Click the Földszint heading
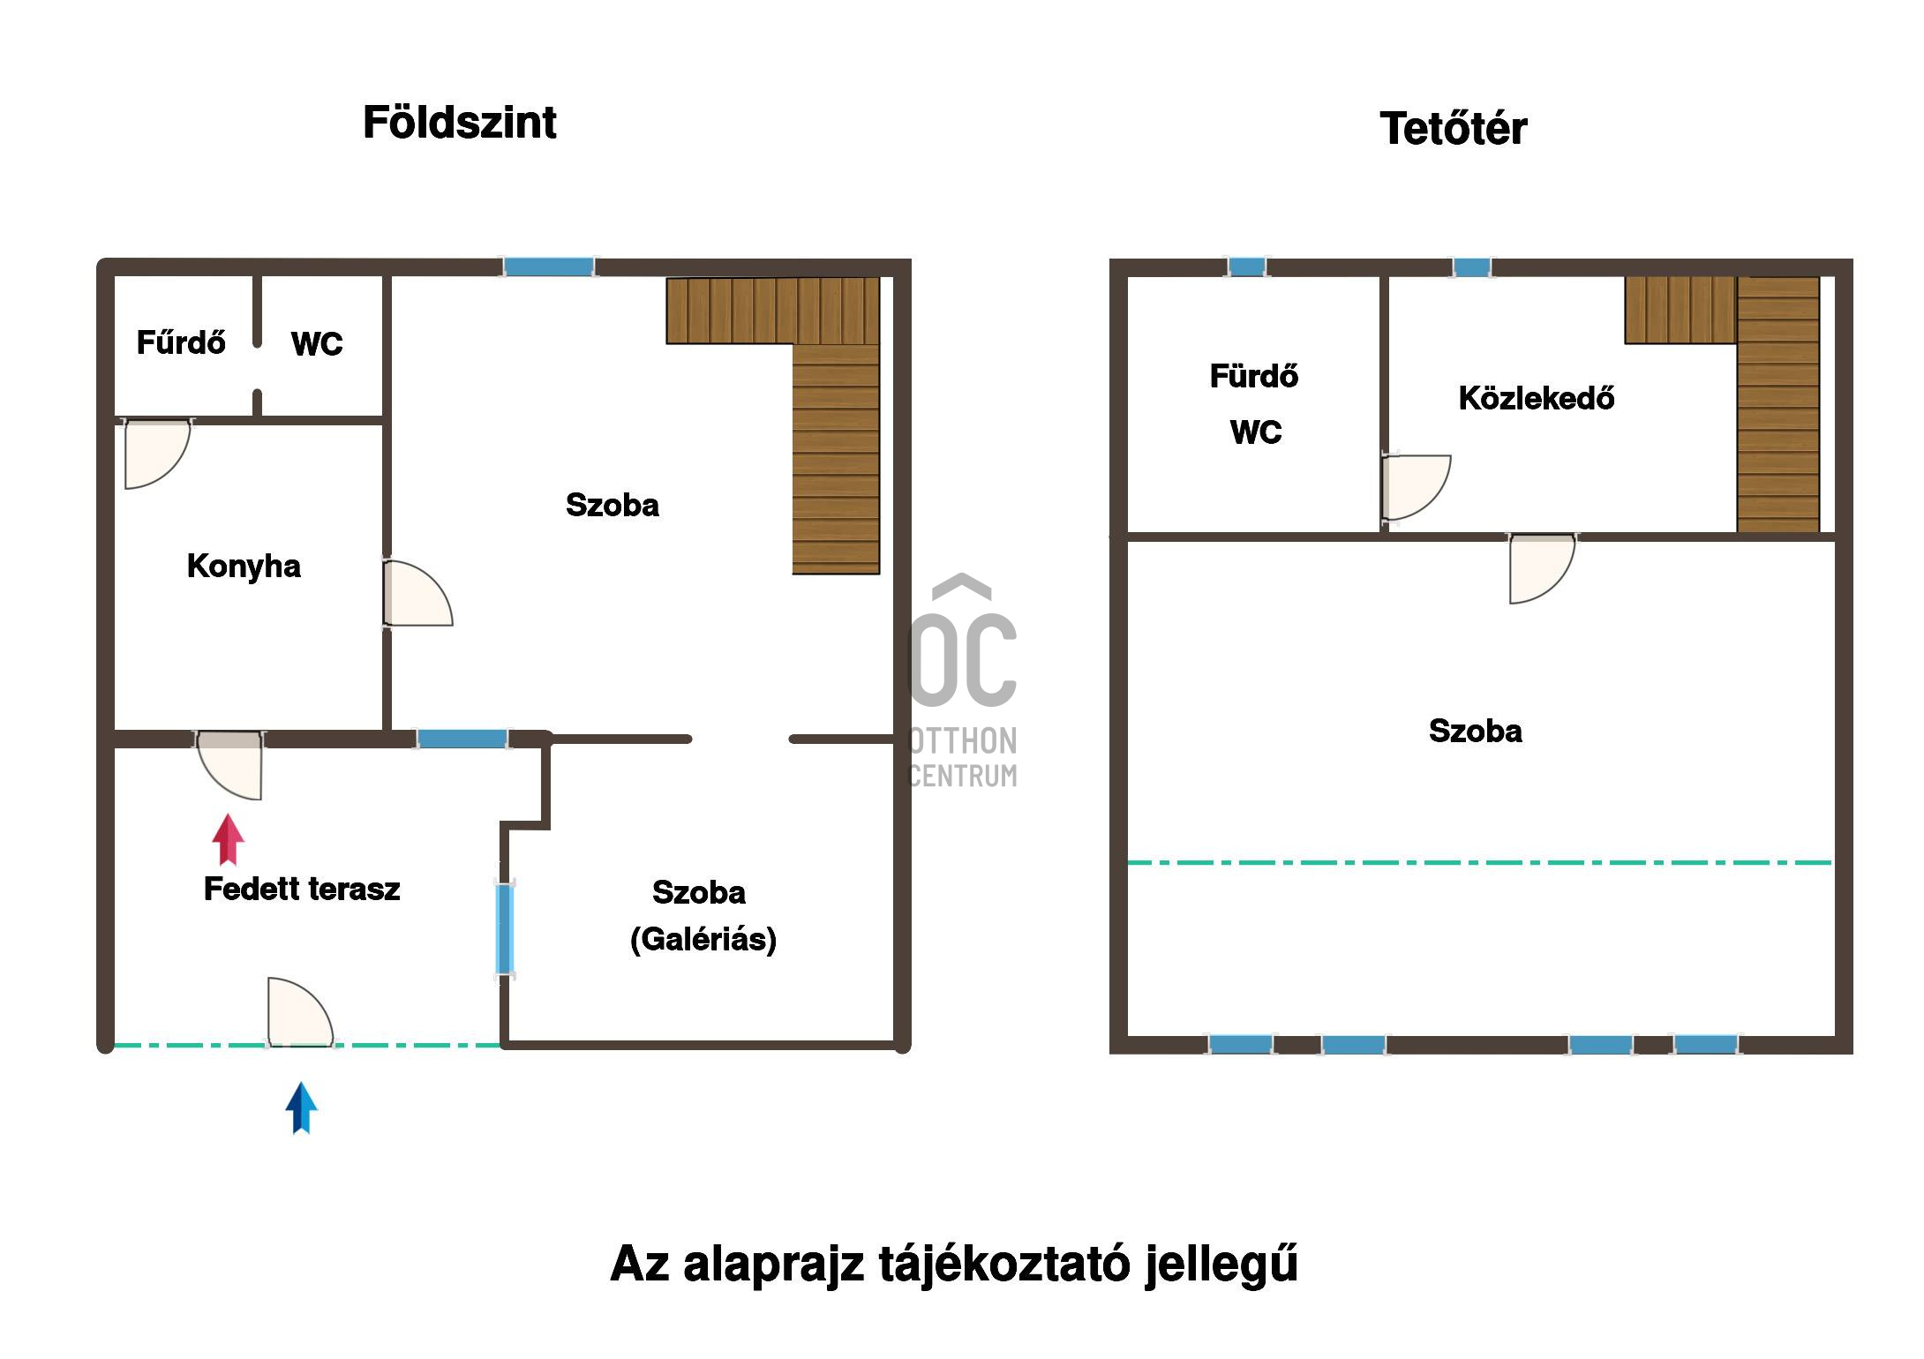tap(460, 123)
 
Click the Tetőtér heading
tap(1453, 128)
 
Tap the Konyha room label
tap(244, 567)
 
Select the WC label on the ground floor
tap(317, 343)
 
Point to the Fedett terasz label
tap(302, 889)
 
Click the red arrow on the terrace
tap(229, 839)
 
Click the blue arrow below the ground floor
tap(301, 1107)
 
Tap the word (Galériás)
tap(703, 939)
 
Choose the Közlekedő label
tap(1537, 398)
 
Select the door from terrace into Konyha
tap(229, 764)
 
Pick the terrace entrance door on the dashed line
tap(300, 1012)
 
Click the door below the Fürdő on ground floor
tap(156, 454)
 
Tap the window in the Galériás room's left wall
tap(505, 929)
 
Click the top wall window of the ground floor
tap(549, 267)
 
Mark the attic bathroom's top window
tap(1246, 267)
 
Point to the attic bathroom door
tap(1416, 488)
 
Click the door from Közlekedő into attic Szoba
tap(1541, 568)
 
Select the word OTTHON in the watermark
tap(963, 741)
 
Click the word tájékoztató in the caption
tap(1005, 1264)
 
